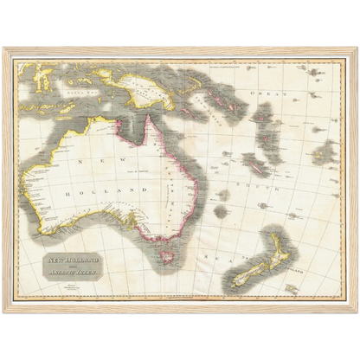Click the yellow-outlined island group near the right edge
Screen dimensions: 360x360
321,154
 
